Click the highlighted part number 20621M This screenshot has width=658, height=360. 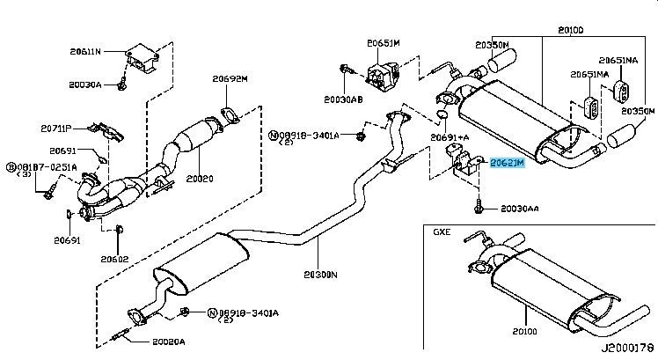(506, 162)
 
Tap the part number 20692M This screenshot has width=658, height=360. (230, 78)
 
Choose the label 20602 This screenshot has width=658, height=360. (114, 259)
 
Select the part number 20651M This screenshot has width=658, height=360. (384, 41)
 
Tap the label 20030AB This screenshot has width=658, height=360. (343, 99)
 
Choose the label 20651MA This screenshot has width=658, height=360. (589, 75)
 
